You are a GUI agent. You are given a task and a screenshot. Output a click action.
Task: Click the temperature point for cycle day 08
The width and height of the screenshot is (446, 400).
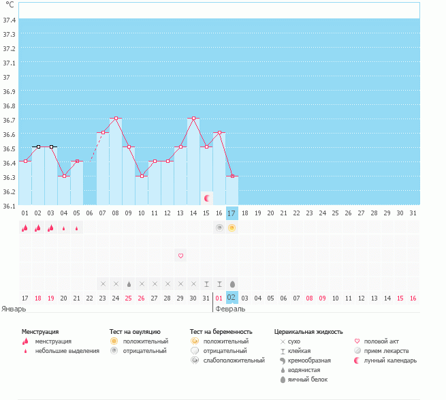(116, 119)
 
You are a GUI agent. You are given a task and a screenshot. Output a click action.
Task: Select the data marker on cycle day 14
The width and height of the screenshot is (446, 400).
(193, 119)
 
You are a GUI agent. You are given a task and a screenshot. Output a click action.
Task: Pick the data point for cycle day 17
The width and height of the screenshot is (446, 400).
(232, 176)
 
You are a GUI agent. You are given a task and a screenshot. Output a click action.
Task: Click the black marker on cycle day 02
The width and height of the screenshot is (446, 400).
(38, 147)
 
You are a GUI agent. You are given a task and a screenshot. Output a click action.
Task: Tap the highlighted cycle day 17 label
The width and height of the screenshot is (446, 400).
(232, 213)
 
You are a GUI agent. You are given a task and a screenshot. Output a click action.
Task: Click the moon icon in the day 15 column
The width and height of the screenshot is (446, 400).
(206, 198)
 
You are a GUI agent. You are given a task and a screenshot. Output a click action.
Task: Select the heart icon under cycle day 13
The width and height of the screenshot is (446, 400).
(180, 256)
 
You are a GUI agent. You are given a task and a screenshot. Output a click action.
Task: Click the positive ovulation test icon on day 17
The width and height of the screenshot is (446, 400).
(232, 228)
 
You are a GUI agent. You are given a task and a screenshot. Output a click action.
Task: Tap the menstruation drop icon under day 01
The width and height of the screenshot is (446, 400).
(25, 228)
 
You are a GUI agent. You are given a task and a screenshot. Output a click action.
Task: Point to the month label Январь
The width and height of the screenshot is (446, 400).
(14, 308)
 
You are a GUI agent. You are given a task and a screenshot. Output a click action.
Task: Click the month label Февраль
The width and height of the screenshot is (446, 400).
(230, 308)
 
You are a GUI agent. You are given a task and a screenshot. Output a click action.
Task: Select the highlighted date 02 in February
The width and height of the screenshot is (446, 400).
(232, 298)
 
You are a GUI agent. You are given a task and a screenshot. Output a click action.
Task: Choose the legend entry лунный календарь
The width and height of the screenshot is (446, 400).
(390, 360)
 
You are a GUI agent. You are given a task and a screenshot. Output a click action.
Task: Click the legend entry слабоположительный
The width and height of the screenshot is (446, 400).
(234, 360)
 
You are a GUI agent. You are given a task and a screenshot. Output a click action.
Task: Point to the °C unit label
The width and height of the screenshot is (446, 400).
(10, 4)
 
